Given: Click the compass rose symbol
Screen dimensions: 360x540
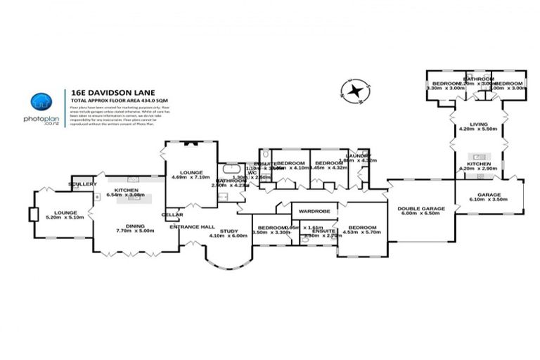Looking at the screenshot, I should pos(355,90).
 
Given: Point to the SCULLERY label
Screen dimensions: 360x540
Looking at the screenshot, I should pos(82,184).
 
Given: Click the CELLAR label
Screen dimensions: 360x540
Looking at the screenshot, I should pos(172,214).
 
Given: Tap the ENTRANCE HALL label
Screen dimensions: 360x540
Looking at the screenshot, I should pos(192,226).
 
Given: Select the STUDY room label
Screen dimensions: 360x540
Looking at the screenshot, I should pos(229,230).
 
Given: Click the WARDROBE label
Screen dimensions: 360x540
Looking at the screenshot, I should pos(314,210).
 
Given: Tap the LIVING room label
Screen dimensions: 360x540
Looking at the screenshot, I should pos(477,122).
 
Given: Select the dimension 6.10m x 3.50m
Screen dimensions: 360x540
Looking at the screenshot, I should pos(489,200).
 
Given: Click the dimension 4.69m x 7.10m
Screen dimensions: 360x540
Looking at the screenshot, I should pos(191,177).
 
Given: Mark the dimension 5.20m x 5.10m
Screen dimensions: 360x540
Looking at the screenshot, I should pos(64,217).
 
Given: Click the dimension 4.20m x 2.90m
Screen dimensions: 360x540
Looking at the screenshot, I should pos(477,169).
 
